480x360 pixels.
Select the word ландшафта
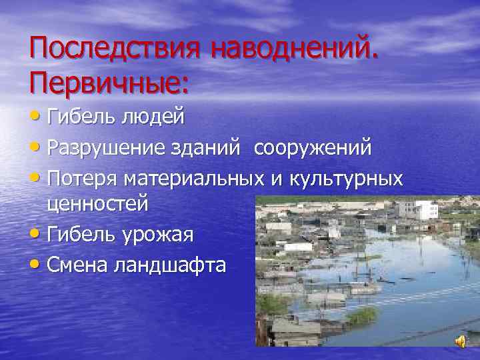170,265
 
